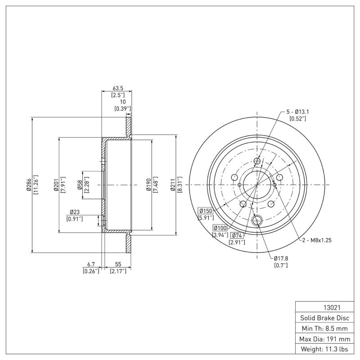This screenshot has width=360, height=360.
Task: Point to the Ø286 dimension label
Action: [x=28, y=184]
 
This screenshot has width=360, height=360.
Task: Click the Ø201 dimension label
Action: [x=55, y=184]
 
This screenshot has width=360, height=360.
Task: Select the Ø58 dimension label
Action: [x=79, y=184]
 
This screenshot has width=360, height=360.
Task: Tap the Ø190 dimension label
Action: [x=148, y=184]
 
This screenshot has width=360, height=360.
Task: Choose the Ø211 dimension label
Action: [x=173, y=184]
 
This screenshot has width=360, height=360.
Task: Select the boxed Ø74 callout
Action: [x=237, y=235]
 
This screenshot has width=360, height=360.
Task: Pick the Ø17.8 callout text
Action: [x=281, y=258]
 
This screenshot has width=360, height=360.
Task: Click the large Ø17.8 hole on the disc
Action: [x=257, y=220]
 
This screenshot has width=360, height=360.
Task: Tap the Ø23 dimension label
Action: [x=74, y=212]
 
